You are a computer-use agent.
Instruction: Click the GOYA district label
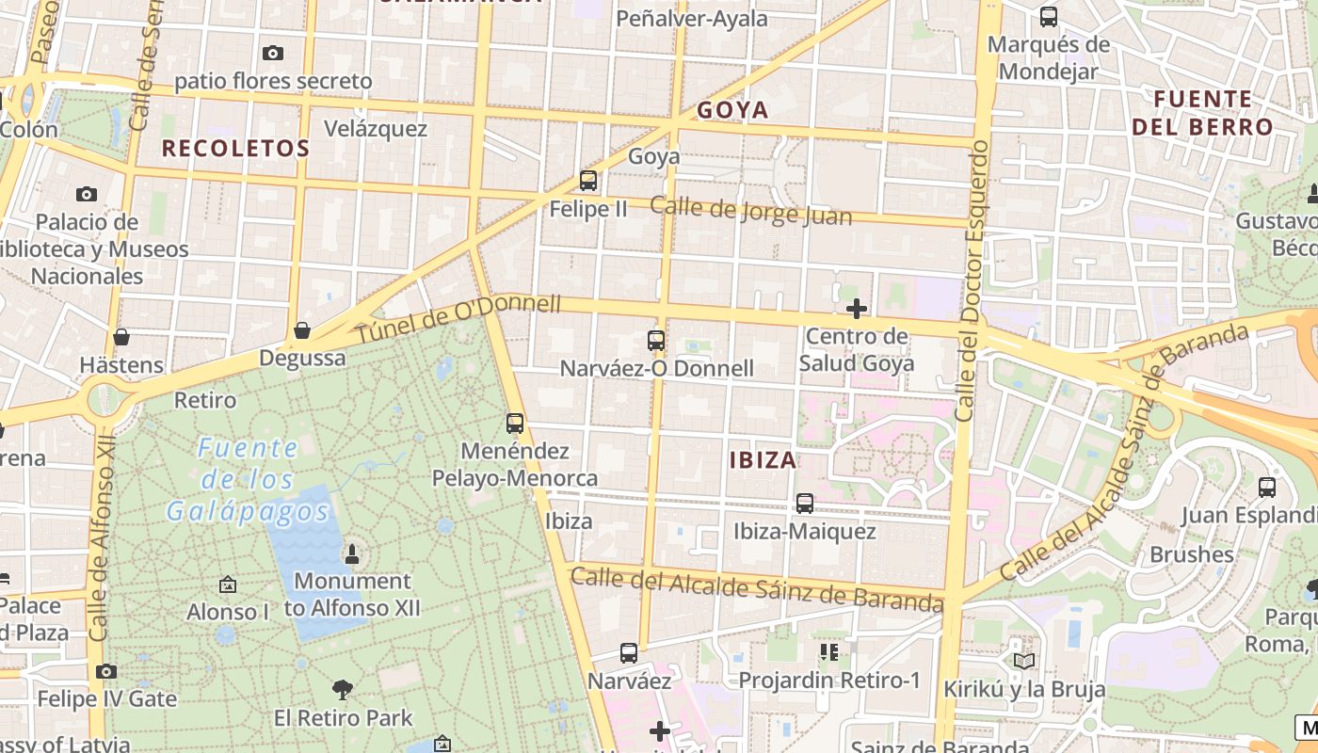[732, 110]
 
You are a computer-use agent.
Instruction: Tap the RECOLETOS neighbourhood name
[235, 148]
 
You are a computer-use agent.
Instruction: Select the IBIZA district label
[763, 460]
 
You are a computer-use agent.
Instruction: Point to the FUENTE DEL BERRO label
[1202, 113]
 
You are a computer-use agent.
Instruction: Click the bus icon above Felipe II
[588, 181]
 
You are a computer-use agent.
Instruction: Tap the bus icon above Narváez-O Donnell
[656, 341]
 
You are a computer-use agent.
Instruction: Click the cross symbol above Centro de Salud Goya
[857, 309]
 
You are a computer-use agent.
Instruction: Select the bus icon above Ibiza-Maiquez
[804, 504]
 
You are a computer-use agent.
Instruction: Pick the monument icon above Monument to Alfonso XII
[352, 553]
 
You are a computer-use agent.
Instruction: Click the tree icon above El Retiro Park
[343, 690]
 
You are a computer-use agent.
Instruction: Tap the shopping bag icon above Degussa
[302, 330]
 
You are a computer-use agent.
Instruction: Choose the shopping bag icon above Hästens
[121, 337]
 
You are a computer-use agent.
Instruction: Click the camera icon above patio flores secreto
[273, 54]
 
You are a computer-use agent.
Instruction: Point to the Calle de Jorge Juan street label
[750, 212]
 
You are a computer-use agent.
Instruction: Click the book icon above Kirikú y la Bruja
[1024, 662]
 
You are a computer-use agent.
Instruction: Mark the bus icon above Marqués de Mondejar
[1048, 17]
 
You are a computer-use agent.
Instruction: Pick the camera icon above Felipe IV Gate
[106, 671]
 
